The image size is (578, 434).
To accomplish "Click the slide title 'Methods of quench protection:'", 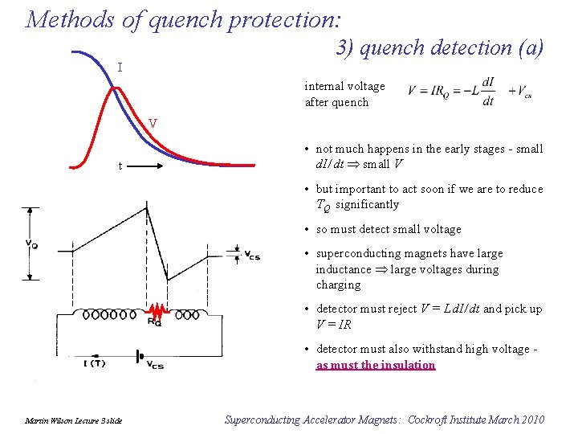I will (183, 18).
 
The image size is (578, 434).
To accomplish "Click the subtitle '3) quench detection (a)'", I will (439, 48).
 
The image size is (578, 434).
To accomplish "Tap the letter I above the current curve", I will (120, 68).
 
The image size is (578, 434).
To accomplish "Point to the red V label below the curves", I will (153, 124).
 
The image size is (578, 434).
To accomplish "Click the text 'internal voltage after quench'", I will (344, 94).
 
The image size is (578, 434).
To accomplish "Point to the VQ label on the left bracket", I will (30, 244).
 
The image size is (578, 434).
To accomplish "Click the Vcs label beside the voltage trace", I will (252, 256).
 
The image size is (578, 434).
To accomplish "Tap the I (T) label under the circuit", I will (96, 363).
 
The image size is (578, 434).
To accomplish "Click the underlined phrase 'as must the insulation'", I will (376, 365).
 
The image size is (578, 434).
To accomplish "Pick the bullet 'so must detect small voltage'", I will (389, 229).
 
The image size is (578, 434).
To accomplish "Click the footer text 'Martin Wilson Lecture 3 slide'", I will (73, 420).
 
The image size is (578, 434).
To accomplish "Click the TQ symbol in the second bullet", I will (323, 206).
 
